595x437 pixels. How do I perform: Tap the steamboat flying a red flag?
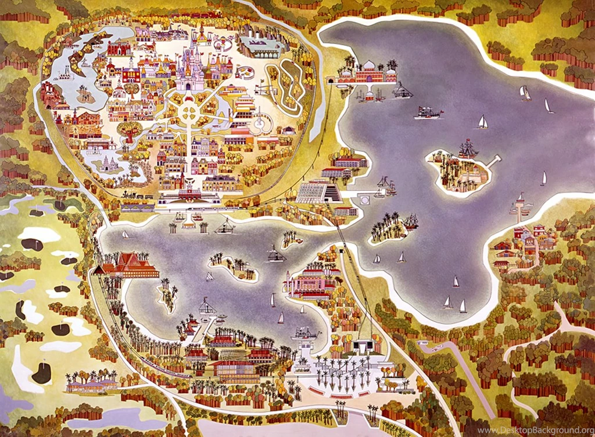(428, 112)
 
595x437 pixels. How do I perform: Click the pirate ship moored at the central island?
(468, 149)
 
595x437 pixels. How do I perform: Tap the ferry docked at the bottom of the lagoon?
(307, 333)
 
